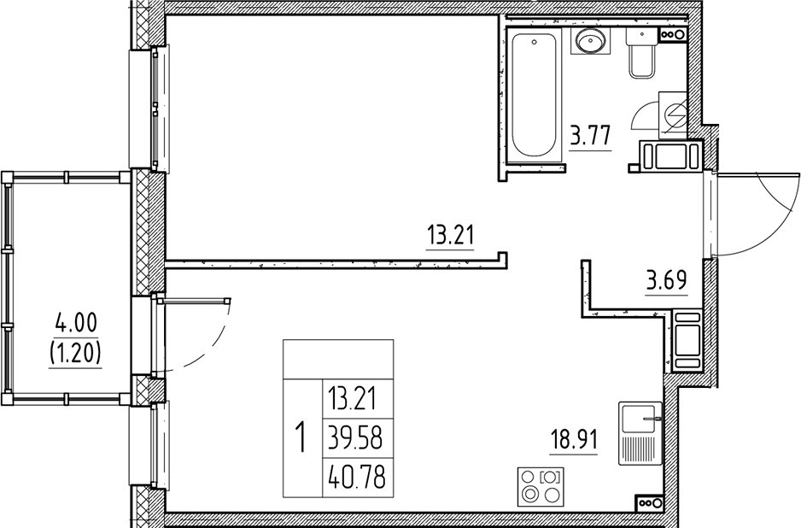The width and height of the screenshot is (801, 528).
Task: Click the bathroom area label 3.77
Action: (590, 135)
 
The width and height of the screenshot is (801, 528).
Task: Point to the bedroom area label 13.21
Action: (450, 234)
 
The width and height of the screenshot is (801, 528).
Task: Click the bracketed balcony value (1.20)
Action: (77, 352)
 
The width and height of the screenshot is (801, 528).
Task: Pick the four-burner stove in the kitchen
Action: (540, 484)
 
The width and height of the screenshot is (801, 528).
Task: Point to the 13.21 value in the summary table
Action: (354, 398)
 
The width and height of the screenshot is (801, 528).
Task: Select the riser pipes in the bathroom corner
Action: (674, 35)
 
